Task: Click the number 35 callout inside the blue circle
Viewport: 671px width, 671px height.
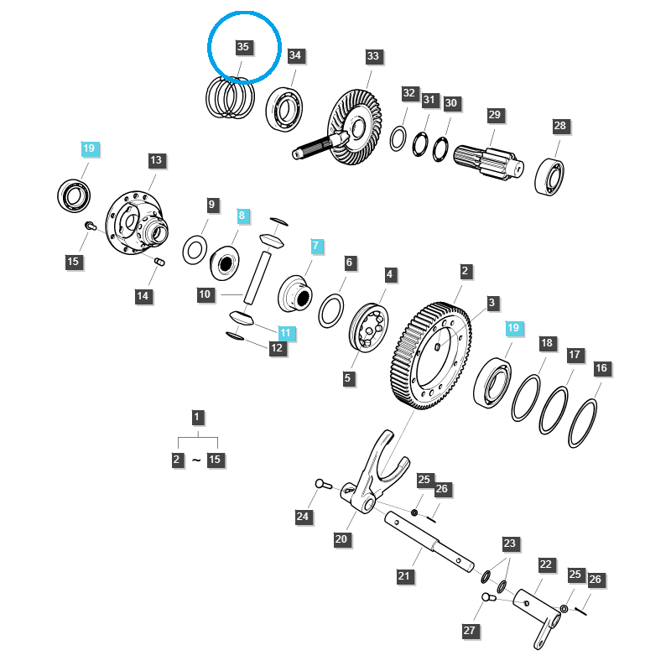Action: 243,48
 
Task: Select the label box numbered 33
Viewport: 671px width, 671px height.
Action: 372,57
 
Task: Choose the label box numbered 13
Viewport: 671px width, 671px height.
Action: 156,159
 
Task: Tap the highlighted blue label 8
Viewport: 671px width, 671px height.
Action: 242,216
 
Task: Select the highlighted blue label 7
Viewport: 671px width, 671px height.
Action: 316,246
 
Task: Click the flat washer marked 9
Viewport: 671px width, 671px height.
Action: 196,249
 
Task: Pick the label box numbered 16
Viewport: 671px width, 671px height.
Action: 601,368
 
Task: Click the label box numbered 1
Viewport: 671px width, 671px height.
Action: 196,417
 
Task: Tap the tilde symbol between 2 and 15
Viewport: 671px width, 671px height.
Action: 196,460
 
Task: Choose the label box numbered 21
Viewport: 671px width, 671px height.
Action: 405,576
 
